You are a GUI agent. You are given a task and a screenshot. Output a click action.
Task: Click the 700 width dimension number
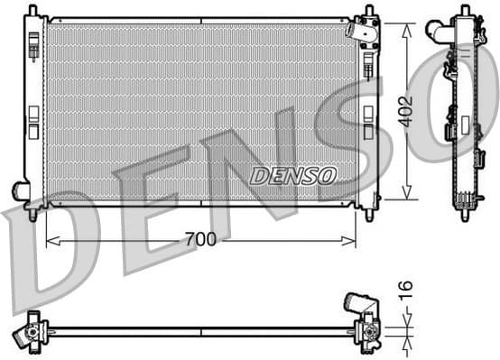pyautogui.click(x=200, y=240)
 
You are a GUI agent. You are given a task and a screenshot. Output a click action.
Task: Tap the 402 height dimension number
pyautogui.click(x=406, y=110)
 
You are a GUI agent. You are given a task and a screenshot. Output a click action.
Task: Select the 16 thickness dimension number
pyautogui.click(x=406, y=289)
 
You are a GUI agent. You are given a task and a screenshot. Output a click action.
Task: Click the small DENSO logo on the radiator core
pyautogui.click(x=292, y=175)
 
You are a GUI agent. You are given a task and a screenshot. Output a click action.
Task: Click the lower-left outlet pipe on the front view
pyautogui.click(x=20, y=190)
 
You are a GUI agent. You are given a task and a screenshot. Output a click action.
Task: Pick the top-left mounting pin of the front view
pyautogui.click(x=32, y=10)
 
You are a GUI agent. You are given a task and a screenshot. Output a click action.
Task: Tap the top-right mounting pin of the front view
pyautogui.click(x=368, y=11)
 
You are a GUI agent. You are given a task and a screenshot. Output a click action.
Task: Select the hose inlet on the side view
pyautogui.click(x=442, y=32)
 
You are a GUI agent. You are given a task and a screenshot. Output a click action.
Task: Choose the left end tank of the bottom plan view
pyautogui.click(x=33, y=330)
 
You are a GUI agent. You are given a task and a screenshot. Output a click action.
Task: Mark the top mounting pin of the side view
pyautogui.click(x=465, y=10)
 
